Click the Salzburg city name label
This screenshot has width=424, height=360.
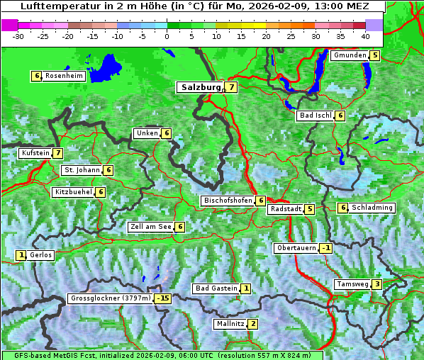point(201,87)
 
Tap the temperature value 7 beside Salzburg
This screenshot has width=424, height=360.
point(231,87)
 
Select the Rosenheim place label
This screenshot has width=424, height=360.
point(64,76)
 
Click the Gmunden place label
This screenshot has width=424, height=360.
point(350,55)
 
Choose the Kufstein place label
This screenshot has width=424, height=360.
point(35,153)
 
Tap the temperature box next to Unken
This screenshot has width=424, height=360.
point(166,133)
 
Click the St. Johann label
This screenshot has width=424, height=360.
point(81,170)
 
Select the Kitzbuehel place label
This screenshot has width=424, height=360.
point(73,192)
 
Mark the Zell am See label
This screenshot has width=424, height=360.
point(151,227)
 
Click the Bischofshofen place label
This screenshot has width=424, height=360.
point(228,201)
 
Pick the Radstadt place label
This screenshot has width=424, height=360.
point(285,209)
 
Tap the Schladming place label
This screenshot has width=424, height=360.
point(372,208)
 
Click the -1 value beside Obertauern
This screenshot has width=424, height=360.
point(325,248)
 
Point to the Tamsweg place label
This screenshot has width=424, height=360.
point(352,284)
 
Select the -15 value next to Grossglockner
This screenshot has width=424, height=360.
point(164,299)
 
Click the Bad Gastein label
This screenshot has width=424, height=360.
point(216,288)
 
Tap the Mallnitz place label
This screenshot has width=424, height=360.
point(230,324)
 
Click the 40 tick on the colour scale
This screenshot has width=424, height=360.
point(365,35)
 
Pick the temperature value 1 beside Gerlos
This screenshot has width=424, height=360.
point(21,255)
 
